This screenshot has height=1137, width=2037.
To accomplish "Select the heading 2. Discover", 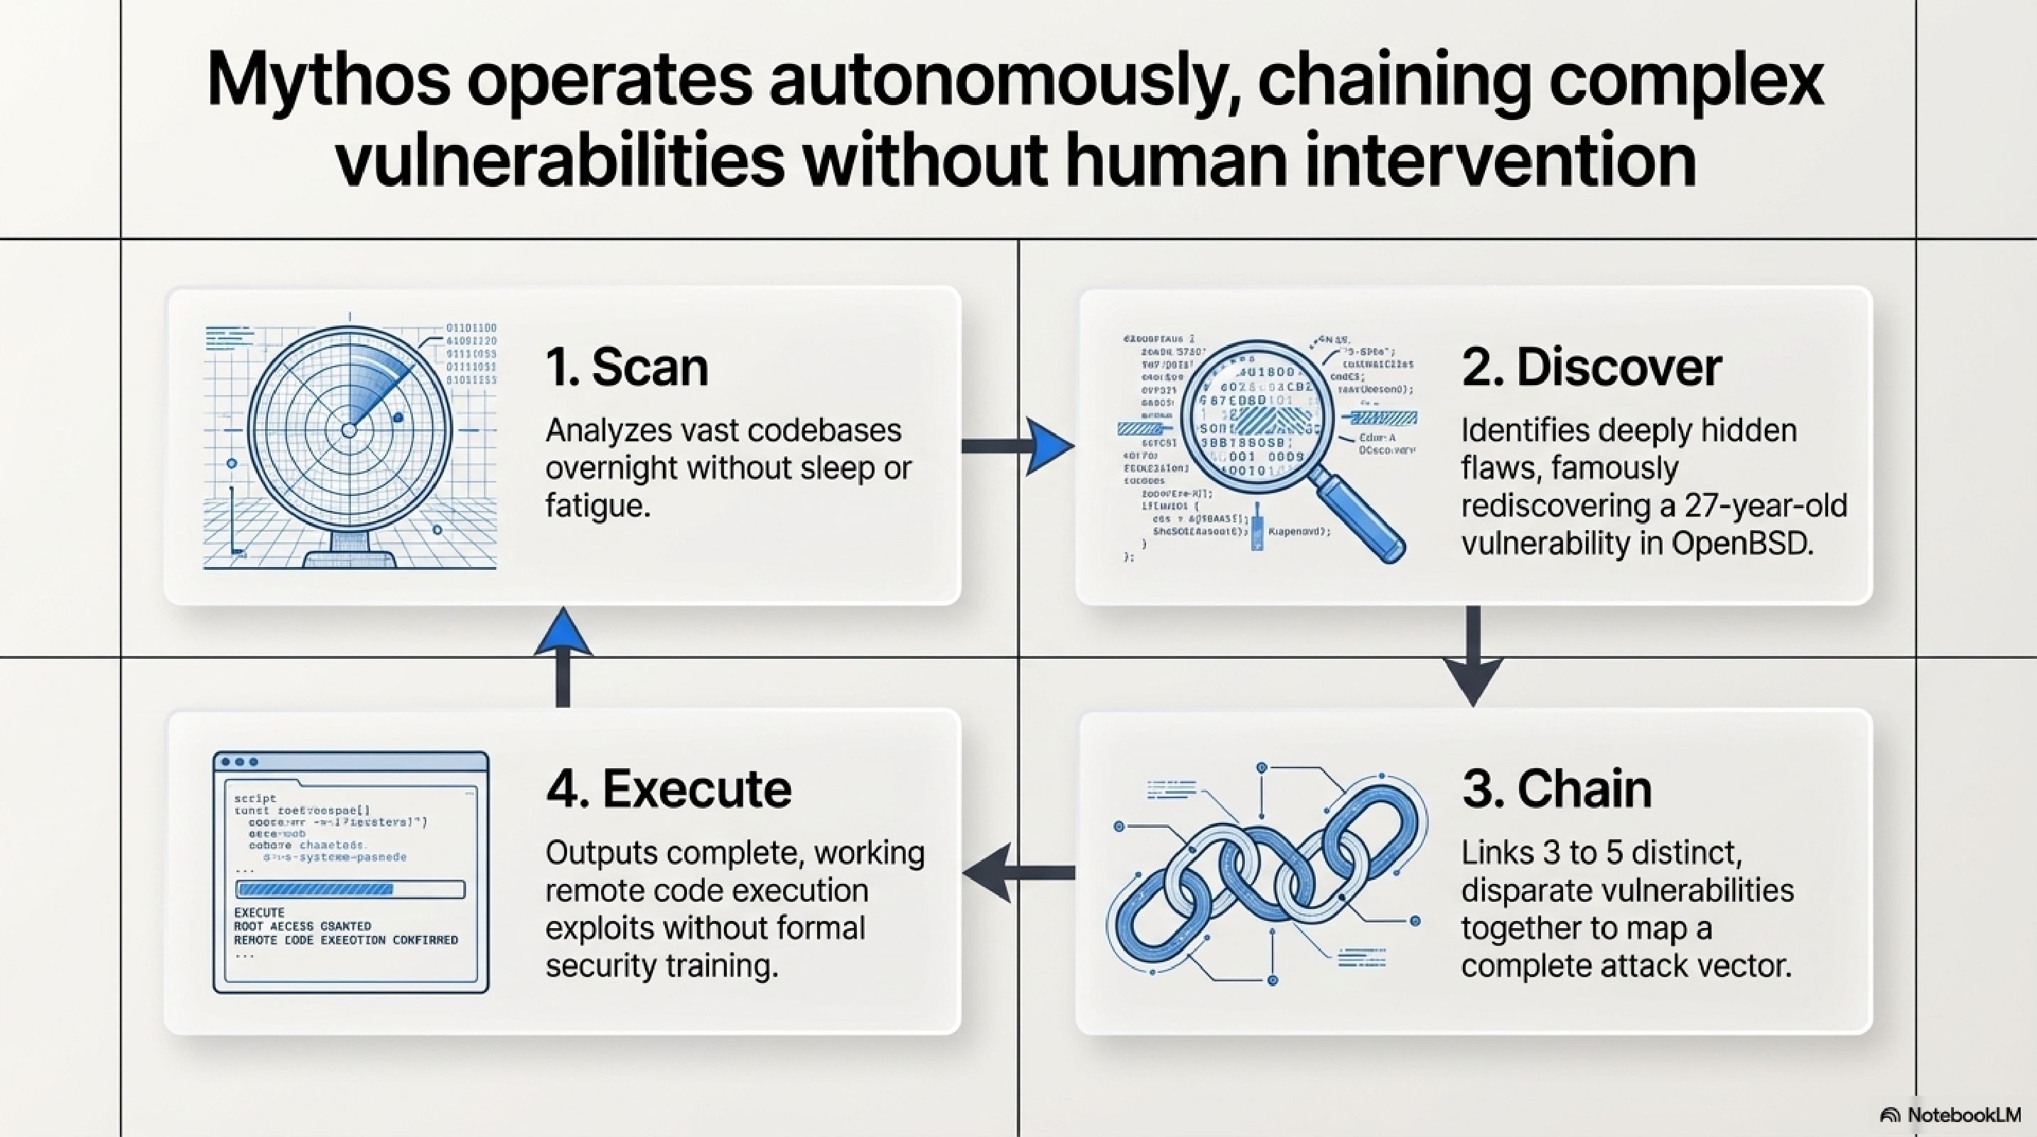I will point(1591,367).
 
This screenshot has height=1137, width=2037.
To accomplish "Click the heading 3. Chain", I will point(1556,789).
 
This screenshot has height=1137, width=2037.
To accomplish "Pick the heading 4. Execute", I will point(668,789).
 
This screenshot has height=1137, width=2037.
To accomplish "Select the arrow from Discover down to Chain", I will point(1472,657).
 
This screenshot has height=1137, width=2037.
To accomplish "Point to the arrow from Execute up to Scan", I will point(563,657).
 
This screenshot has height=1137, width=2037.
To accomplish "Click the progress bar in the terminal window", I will point(350,890).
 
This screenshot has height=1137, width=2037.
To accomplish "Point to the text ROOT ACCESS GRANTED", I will point(303,926).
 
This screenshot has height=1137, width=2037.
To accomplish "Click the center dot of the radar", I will point(349,430).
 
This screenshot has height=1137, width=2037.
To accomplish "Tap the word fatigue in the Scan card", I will point(597,506).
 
